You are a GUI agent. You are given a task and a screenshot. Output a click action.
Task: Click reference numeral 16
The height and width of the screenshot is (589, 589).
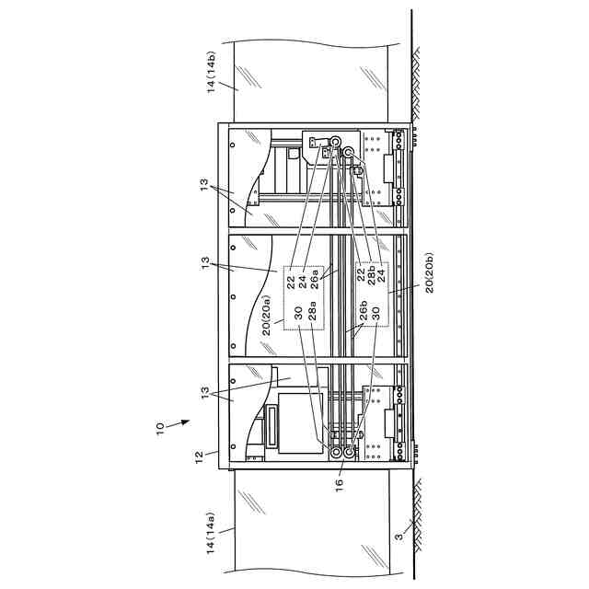(x=340, y=483)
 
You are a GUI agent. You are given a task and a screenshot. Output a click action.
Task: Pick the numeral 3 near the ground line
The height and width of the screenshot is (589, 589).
(x=398, y=536)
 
